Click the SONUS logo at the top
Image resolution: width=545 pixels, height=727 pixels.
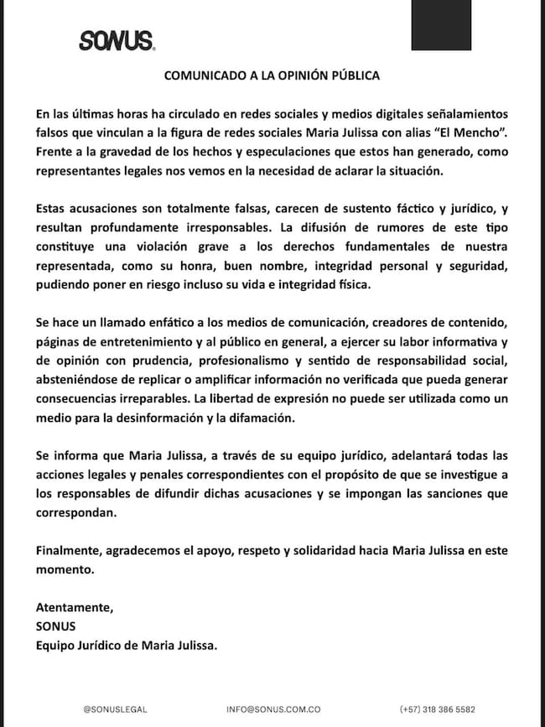coord(116,39)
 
